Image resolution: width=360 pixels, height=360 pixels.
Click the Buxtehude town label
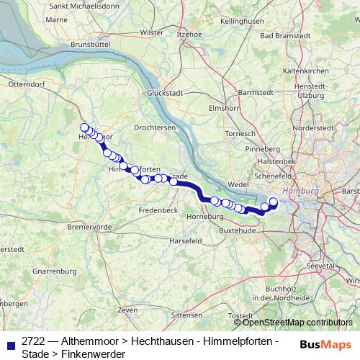coord(238,230)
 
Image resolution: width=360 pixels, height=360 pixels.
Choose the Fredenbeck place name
coord(158,210)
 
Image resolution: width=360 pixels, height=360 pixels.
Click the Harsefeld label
coord(186,240)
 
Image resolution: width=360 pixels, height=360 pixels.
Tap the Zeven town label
coord(127,309)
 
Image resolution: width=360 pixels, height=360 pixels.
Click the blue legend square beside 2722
coord(10,346)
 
